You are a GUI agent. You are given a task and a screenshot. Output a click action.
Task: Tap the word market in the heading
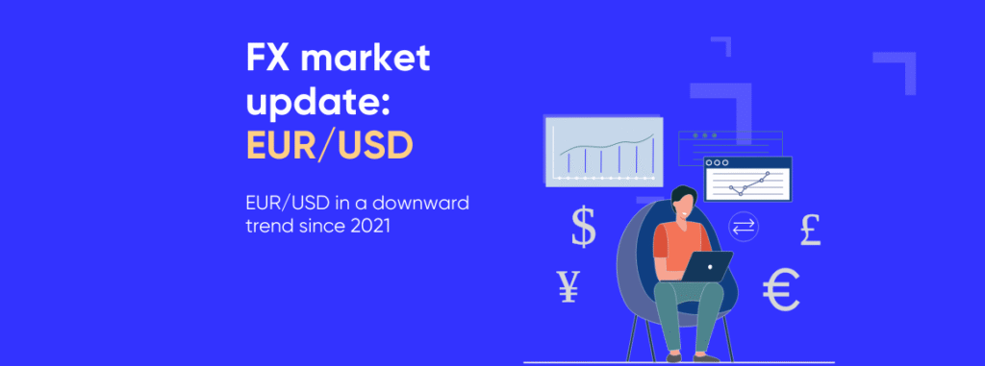[368, 60]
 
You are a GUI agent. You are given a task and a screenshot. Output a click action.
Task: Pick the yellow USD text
[375, 144]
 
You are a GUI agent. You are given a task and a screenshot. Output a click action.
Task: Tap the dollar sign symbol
[584, 228]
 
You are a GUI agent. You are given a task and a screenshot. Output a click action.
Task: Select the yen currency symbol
[568, 285]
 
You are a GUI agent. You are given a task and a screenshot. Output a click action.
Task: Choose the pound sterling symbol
[811, 231]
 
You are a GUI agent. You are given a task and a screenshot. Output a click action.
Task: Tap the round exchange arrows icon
[745, 227]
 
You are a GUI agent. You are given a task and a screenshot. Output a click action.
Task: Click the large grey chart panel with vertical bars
[604, 150]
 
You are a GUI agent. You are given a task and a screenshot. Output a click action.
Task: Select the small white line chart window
[747, 180]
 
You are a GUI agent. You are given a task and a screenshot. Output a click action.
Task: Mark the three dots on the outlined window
[699, 135]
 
